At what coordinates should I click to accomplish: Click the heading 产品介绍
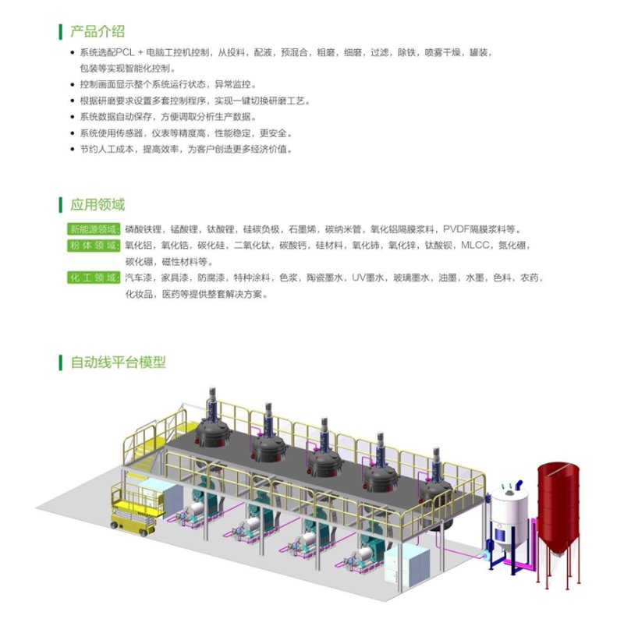(97, 31)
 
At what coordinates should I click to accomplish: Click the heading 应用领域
(97, 204)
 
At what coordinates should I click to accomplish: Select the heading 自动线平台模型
(119, 363)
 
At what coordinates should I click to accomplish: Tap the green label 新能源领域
(94, 229)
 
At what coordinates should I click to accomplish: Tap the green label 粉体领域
(94, 246)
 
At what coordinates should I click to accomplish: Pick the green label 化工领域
(94, 278)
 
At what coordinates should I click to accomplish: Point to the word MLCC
(475, 246)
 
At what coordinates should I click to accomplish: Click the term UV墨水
(367, 278)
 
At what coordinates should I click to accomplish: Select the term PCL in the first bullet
(126, 52)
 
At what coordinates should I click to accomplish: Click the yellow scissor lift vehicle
(137, 509)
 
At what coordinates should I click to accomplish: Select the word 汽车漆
(139, 278)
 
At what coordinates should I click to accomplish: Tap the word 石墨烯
(303, 229)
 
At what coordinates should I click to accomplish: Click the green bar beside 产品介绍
(61, 32)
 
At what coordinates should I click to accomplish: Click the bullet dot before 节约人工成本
(72, 150)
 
